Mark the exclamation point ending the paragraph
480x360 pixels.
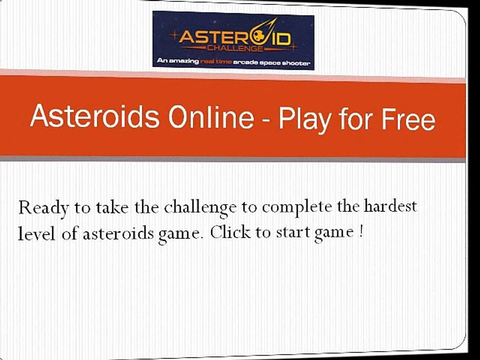coord(360,232)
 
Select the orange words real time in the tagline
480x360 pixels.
coord(215,62)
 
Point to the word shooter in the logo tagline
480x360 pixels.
coord(297,63)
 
